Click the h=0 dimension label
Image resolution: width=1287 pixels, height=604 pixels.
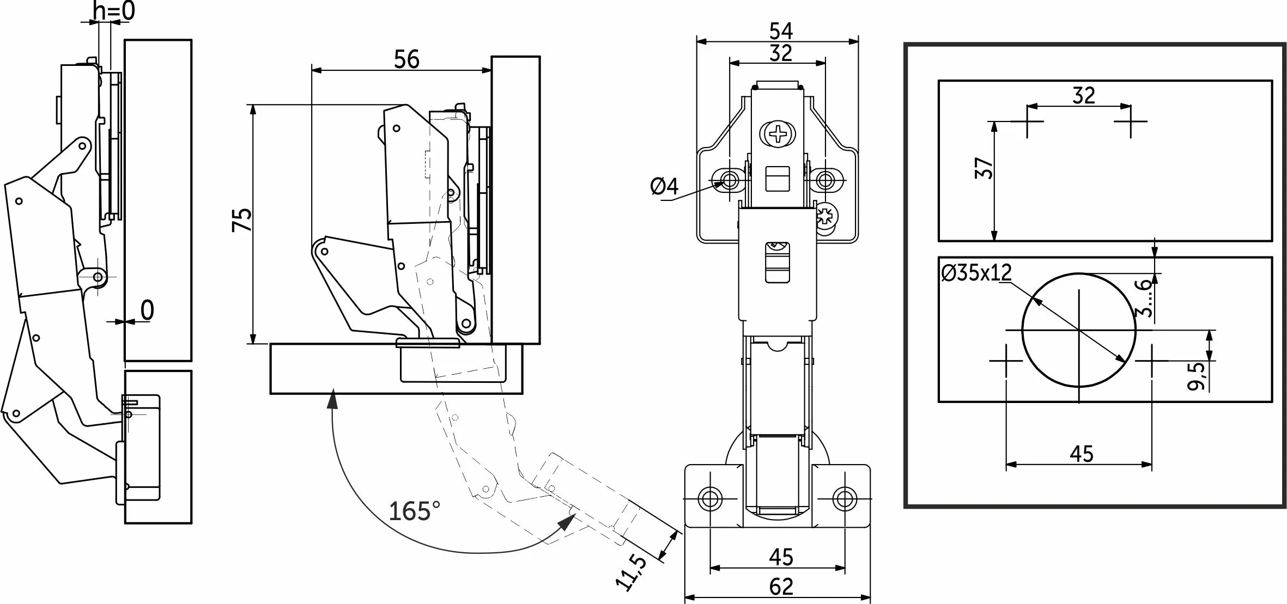[114, 11]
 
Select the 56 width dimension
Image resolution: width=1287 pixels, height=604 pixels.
[406, 59]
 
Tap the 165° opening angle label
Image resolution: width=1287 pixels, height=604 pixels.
[414, 511]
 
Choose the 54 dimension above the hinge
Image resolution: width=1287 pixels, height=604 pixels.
[780, 31]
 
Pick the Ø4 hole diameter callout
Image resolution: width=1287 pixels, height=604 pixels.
[664, 187]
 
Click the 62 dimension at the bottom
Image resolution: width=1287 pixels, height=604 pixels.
[781, 587]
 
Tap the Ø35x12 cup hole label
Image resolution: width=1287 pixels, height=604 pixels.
[976, 272]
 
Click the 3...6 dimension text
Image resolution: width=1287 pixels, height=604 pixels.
[1145, 297]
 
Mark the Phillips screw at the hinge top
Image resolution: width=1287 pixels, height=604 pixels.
[778, 133]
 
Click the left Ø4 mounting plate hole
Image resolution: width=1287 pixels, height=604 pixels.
[729, 179]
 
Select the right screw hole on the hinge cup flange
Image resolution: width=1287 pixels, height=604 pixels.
[844, 498]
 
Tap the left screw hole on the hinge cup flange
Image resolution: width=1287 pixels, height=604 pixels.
[711, 498]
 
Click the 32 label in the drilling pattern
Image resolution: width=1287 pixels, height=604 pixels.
[1083, 96]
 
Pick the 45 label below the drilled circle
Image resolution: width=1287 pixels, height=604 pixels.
[1081, 454]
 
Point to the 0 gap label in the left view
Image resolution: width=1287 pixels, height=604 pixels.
[147, 310]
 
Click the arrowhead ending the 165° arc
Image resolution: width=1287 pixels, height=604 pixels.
[567, 524]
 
